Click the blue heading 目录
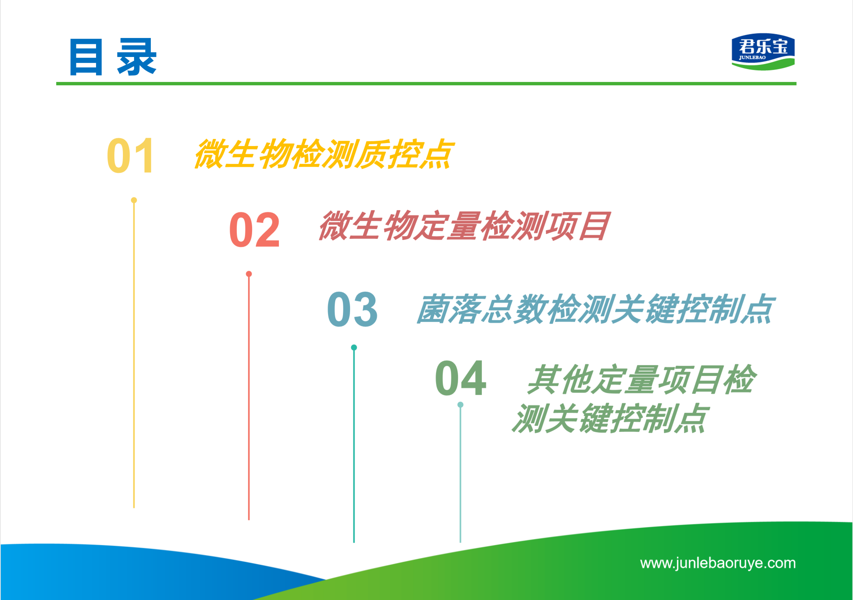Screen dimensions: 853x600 (x=113, y=57)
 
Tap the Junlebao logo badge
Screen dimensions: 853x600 (x=763, y=52)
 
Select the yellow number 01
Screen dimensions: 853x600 (x=130, y=155)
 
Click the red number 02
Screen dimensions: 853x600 (x=254, y=230)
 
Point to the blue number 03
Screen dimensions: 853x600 (x=352, y=309)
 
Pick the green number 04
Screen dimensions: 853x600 (x=461, y=378)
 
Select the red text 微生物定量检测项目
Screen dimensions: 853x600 (x=464, y=225)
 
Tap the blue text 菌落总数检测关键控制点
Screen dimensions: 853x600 (x=596, y=309)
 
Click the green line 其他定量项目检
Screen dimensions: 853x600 (x=641, y=379)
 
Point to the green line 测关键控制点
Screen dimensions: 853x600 (x=610, y=418)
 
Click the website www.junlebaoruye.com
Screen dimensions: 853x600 (x=718, y=563)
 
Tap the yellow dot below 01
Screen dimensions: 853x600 (x=134, y=200)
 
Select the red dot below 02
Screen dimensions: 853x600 (x=249, y=274)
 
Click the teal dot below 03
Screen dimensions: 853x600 (x=354, y=347)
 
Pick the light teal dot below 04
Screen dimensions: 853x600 (x=460, y=405)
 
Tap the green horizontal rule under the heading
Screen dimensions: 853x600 (x=426, y=84)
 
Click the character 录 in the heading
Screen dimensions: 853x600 (x=137, y=57)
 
